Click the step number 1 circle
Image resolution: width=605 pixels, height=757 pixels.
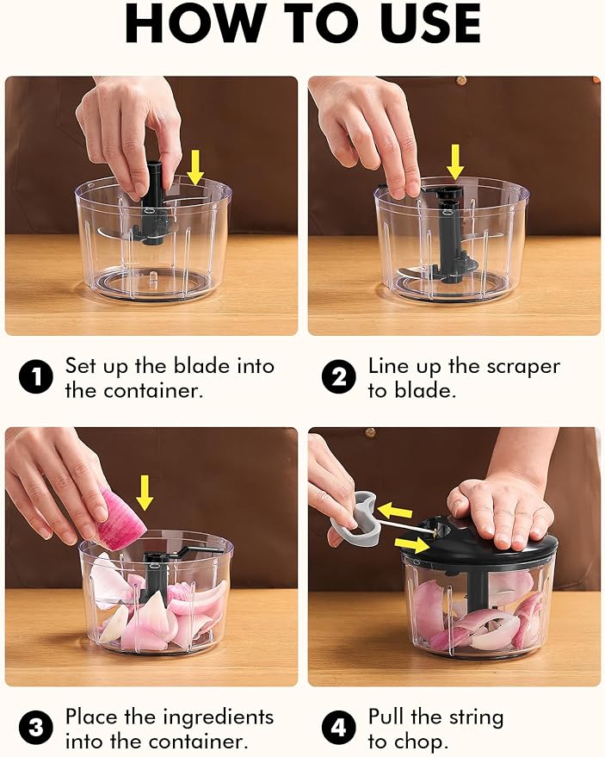(x=35, y=376)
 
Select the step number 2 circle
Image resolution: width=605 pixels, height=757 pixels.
(x=339, y=376)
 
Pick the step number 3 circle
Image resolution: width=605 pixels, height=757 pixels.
(x=35, y=727)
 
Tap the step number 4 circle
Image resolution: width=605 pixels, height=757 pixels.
(x=339, y=727)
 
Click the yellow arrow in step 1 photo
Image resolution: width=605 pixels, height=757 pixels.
(x=195, y=167)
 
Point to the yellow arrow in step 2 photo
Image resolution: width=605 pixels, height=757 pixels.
(x=455, y=162)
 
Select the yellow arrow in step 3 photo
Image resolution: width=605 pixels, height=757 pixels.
(x=145, y=493)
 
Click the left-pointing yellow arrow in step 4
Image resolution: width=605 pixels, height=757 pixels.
(x=395, y=511)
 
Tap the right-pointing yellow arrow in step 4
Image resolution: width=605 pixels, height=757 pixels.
(x=411, y=544)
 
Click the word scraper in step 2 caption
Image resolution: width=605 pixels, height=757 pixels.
(x=523, y=366)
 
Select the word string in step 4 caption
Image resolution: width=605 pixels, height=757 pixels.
(x=476, y=718)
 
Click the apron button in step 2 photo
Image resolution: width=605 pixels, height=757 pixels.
(x=460, y=79)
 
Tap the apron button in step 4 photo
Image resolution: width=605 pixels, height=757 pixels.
(x=371, y=432)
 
